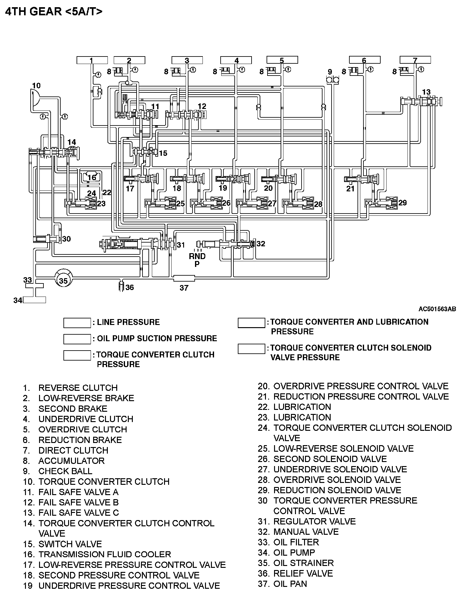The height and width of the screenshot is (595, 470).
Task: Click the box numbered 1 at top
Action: point(92,60)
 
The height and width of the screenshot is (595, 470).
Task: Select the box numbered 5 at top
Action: point(282,60)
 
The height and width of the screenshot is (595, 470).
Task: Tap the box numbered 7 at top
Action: point(415,60)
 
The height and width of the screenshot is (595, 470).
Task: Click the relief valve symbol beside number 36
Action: point(122,286)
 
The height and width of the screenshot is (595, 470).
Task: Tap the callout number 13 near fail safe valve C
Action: point(426,92)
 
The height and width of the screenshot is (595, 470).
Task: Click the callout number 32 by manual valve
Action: point(261,243)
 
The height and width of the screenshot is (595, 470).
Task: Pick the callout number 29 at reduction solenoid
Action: point(402,203)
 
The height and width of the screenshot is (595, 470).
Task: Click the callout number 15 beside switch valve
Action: point(163,153)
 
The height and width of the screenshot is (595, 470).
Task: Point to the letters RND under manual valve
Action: point(197,256)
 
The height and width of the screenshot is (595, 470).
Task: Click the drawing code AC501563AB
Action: point(437,309)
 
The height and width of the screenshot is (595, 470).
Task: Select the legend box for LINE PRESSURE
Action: point(77,323)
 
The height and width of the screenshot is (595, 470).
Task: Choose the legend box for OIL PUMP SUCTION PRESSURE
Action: point(77,339)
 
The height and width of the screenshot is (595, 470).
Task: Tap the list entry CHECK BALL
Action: point(65,471)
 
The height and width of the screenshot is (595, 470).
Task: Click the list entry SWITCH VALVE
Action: point(70,544)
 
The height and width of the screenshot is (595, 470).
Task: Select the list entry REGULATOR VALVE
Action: point(314,521)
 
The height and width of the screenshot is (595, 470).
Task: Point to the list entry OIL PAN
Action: point(290,584)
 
